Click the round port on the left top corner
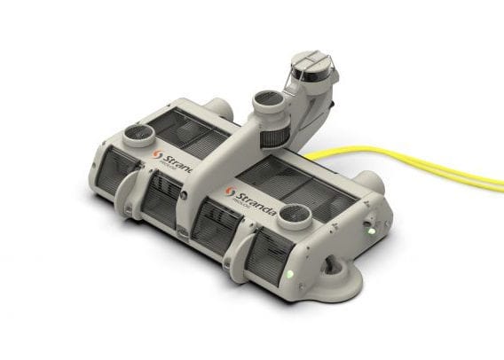[x=138, y=135]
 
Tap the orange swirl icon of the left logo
[x=157, y=154]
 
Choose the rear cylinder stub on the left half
[x=219, y=110]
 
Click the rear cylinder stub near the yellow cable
[x=370, y=181]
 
